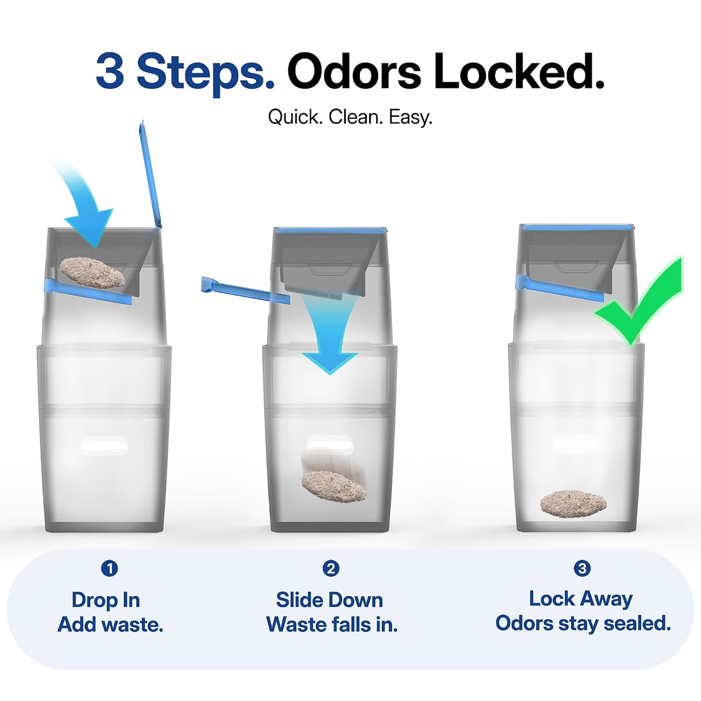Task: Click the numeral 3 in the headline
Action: click(110, 71)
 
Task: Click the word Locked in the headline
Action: click(519, 70)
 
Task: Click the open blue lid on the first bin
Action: click(150, 174)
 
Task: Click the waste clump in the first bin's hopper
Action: click(92, 272)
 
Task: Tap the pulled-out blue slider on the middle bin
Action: click(245, 290)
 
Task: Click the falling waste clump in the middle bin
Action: click(334, 487)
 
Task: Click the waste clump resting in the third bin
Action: click(573, 504)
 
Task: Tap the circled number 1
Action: click(109, 568)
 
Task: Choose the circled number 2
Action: click(331, 568)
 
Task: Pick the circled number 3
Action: click(582, 567)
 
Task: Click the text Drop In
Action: click(106, 600)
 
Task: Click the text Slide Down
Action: click(329, 600)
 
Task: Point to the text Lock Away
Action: click(581, 600)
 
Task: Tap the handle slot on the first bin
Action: click(105, 446)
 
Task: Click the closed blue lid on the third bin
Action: click(577, 228)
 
